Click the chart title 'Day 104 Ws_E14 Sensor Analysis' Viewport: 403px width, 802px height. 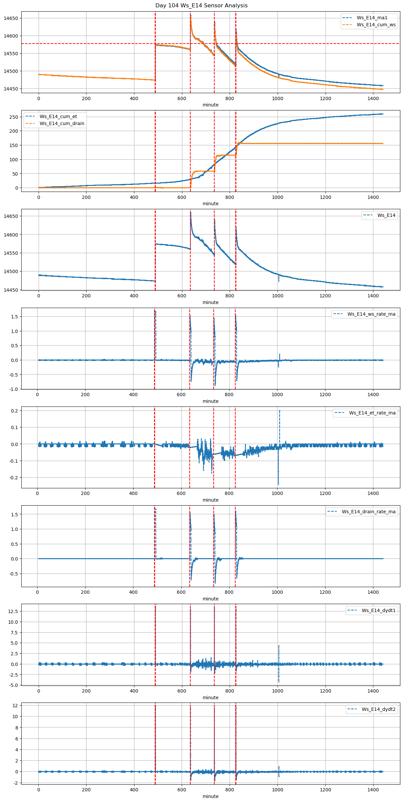point(201,6)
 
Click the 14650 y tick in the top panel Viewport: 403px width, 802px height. point(11,18)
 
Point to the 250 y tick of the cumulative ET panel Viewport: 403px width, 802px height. point(14,117)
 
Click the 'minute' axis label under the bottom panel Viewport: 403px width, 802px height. point(211,796)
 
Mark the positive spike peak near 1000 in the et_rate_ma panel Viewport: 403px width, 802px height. point(280,410)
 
